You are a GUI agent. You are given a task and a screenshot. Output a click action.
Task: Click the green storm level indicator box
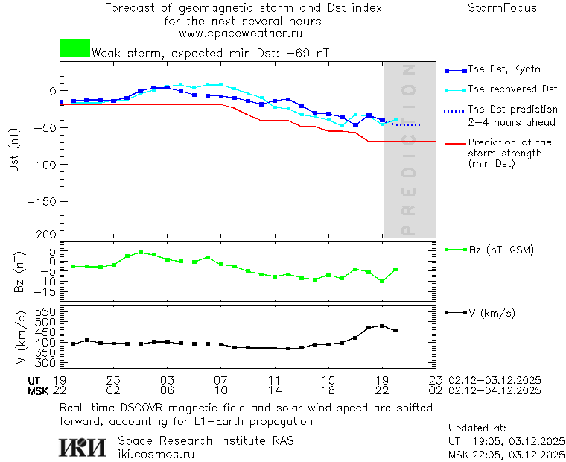point(74,48)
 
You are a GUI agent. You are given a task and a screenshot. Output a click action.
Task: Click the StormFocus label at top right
point(502,8)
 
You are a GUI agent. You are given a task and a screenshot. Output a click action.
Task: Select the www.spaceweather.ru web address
point(241,34)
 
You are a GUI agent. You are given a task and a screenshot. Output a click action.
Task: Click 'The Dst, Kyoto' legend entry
point(503,69)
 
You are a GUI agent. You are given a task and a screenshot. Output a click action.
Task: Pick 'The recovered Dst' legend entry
point(512,89)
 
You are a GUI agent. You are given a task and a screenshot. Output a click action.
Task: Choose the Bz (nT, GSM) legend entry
point(501,250)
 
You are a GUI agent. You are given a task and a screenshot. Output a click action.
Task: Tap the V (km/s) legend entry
point(492,313)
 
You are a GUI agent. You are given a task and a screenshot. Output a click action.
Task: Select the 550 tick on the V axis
point(46,311)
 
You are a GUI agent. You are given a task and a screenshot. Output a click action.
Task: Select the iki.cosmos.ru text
point(156,454)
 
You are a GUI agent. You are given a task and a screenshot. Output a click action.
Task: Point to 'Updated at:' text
point(477,428)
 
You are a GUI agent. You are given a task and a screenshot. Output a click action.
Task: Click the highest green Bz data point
point(141,253)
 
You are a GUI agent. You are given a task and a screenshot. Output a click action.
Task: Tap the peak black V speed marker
point(382,326)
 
